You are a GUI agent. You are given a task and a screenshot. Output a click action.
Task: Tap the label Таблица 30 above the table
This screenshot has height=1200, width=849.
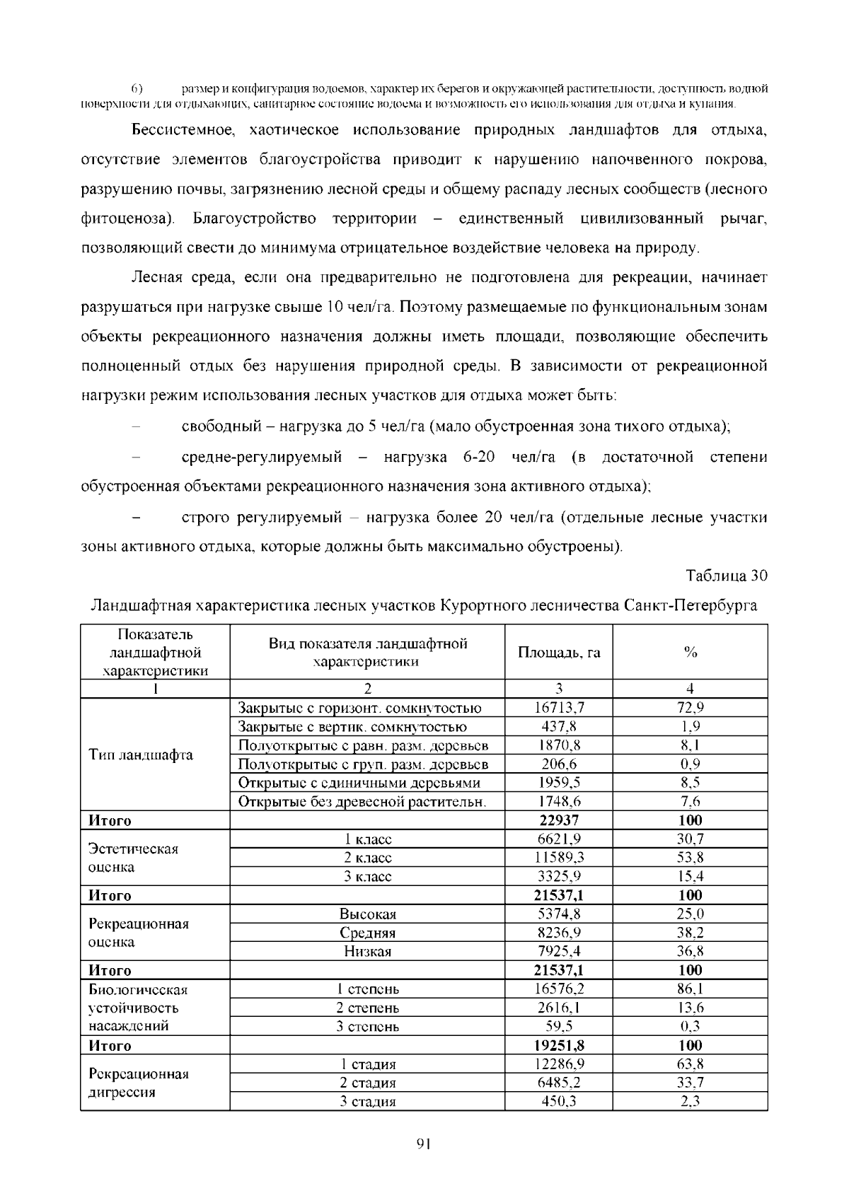727,576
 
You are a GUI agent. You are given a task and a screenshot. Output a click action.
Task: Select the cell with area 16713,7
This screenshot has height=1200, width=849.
558,708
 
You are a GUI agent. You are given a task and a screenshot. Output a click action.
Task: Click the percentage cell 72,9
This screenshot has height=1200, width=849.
690,708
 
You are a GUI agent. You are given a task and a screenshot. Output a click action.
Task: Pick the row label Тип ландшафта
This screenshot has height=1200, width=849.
141,755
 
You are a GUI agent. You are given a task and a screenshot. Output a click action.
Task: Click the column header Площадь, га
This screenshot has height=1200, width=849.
558,653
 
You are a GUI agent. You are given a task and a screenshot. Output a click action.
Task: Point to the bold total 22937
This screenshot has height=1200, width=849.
558,820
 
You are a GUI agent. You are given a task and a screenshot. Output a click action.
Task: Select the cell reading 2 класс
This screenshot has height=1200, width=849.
367,858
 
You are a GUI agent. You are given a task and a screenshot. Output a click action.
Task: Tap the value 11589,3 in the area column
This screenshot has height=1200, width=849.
558,858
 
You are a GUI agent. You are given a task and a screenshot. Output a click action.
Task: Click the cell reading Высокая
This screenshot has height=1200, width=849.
367,914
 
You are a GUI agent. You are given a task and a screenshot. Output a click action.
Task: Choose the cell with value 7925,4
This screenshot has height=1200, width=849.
558,952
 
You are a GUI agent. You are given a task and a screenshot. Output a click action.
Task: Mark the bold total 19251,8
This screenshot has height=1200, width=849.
558,1045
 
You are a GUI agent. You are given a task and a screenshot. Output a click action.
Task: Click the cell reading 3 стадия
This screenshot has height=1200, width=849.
367,1102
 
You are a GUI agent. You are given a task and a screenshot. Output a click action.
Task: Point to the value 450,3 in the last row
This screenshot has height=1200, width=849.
558,1102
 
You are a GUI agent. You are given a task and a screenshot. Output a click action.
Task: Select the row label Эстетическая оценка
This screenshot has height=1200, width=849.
133,858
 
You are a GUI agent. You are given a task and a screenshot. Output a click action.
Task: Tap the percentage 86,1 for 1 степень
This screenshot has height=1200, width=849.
690,989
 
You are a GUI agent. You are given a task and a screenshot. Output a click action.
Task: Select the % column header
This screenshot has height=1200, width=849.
690,653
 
